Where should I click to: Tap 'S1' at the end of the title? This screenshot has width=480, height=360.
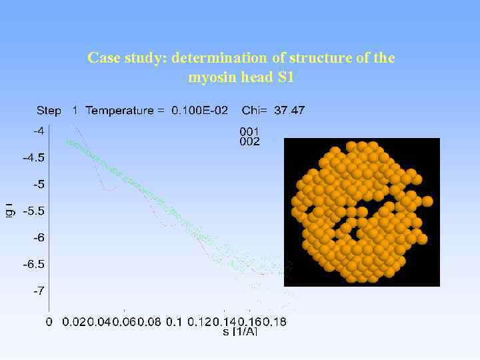point(285,77)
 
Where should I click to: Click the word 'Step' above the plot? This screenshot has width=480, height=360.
point(49,111)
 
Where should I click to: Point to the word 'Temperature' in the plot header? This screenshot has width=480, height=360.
point(125,111)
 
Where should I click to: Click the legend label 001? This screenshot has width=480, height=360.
point(249,131)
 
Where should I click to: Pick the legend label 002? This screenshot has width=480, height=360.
point(249,141)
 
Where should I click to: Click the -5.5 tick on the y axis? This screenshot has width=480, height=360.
point(34,211)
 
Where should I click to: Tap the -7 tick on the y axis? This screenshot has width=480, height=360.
point(39,291)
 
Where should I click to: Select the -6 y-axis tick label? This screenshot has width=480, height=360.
point(39,237)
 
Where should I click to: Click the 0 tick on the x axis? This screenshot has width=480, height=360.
point(49,322)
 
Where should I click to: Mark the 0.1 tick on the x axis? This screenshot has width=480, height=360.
point(173,322)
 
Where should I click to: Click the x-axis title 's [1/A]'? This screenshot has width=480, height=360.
point(239,331)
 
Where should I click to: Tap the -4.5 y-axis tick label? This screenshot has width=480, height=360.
point(34,158)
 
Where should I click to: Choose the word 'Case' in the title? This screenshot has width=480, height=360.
point(102,58)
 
